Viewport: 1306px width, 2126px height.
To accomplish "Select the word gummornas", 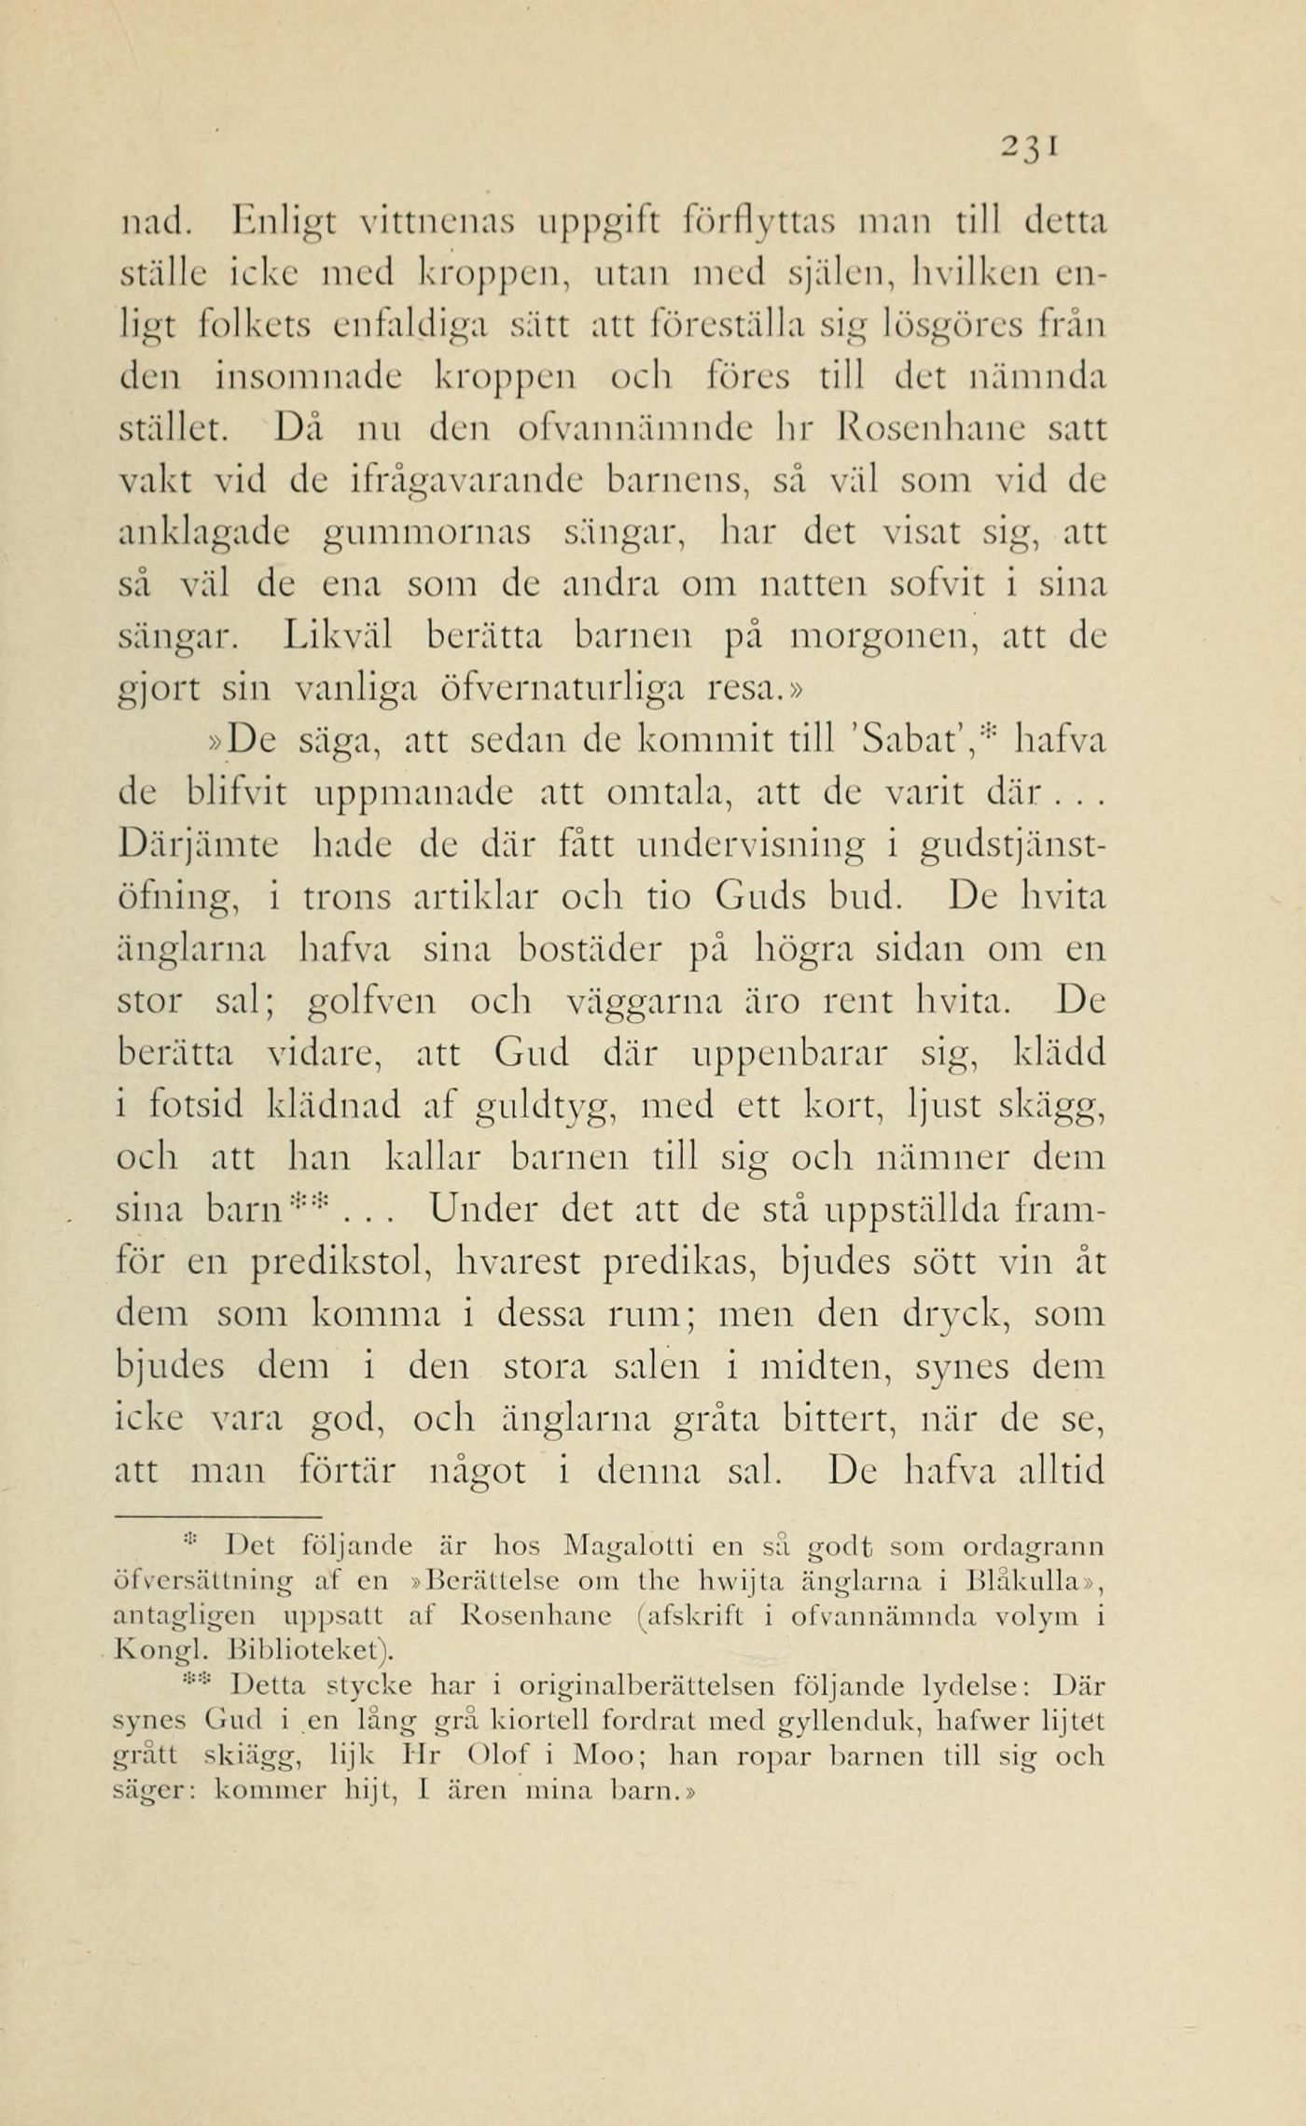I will [426, 535].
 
